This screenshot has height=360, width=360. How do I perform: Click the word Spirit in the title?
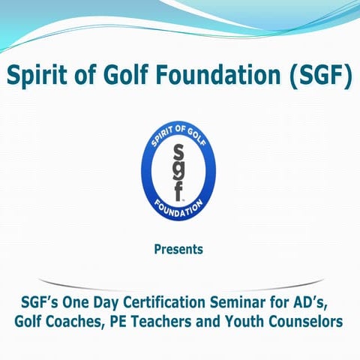click(x=38, y=77)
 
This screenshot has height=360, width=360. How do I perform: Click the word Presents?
click(x=178, y=249)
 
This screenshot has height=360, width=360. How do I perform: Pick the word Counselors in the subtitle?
click(x=308, y=322)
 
